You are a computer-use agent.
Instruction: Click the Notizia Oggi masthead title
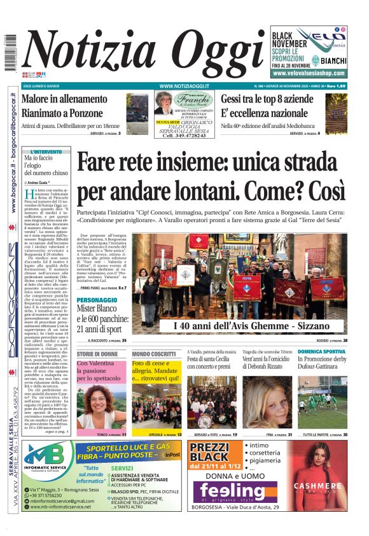pyautogui.click(x=137, y=52)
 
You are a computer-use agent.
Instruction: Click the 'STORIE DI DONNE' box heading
pyautogui.click(x=97, y=354)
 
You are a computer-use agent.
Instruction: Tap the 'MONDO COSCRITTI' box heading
pyautogui.click(x=153, y=354)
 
